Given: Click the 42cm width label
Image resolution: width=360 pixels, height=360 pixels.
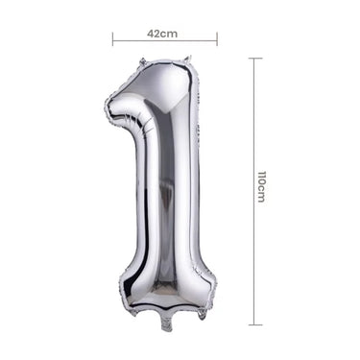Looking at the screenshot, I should pos(162,32).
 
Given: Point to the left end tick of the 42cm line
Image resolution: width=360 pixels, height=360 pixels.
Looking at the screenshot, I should pos(112,40).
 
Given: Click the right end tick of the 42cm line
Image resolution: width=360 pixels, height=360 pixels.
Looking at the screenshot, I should pos(218,40).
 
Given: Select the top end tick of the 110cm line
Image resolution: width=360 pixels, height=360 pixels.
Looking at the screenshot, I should pos(254,59).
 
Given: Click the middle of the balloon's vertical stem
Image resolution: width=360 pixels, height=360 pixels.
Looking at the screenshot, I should pos(166,192).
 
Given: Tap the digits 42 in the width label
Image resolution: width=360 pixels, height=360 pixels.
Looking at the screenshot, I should pos(154,32).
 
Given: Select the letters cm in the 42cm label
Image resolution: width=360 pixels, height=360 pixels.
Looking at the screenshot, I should pos(170,32).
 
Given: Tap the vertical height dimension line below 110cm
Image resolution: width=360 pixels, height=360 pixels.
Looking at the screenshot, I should pos(254,259).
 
